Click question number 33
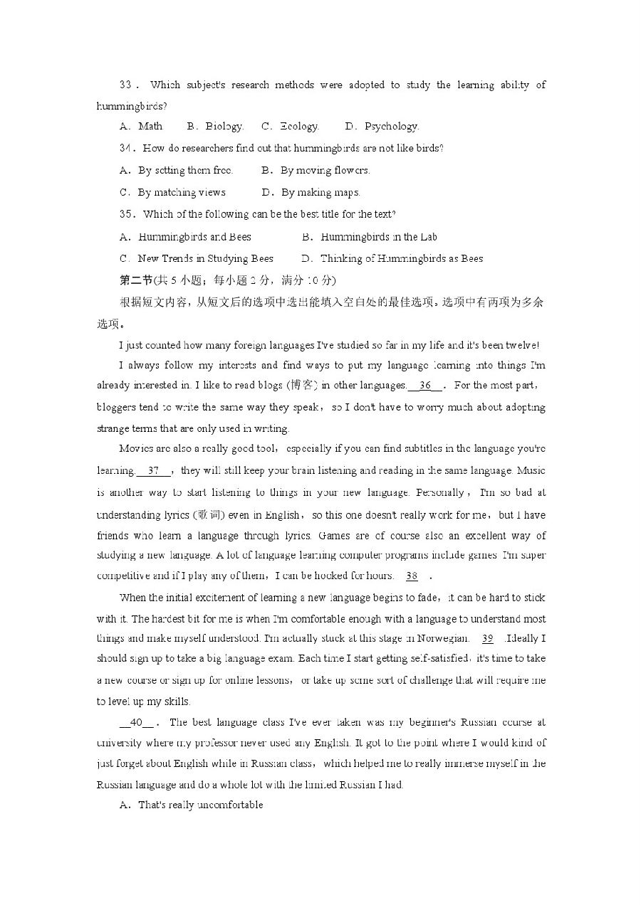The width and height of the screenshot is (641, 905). click(126, 85)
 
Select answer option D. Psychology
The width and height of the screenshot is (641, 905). click(382, 127)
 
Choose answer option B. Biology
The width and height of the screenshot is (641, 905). click(215, 127)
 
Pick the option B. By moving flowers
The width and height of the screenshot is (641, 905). click(316, 171)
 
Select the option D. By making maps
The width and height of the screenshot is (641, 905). click(311, 192)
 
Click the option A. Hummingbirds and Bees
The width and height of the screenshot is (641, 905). click(186, 237)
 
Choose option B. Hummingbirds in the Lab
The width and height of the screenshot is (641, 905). click(370, 237)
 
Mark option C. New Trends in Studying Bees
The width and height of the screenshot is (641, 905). click(197, 259)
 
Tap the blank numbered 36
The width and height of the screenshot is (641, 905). click(426, 386)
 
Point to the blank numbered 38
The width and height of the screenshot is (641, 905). click(412, 576)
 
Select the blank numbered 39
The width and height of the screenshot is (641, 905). click(488, 639)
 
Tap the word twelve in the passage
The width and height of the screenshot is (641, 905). click(522, 346)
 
